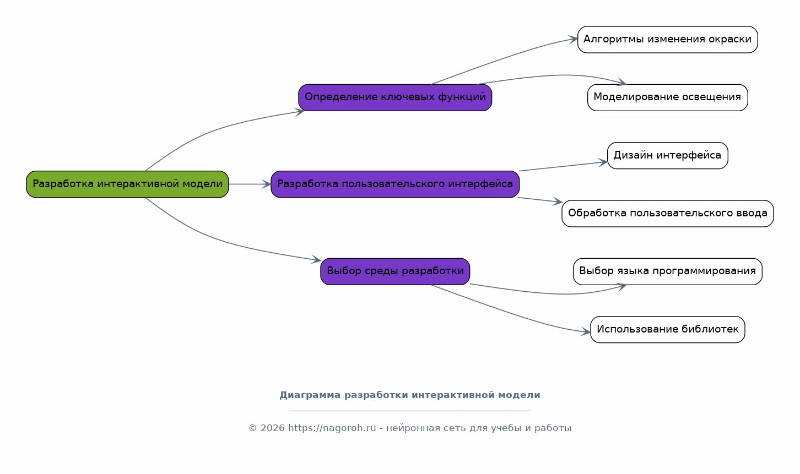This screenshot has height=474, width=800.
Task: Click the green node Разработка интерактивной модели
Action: (x=127, y=184)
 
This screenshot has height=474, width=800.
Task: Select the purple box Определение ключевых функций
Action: (x=395, y=97)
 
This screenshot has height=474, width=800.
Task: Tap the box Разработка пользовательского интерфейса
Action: (x=395, y=184)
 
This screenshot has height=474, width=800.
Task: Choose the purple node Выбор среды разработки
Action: (x=395, y=271)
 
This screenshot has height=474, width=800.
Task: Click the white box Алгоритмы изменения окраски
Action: (x=668, y=40)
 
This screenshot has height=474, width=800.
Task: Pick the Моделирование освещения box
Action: (x=668, y=97)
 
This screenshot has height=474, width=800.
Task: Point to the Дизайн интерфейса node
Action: (x=668, y=156)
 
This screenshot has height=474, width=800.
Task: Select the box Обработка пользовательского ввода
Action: (x=668, y=214)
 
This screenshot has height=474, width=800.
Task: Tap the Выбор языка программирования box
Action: (x=668, y=271)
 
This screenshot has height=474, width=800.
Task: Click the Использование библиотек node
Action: (x=668, y=329)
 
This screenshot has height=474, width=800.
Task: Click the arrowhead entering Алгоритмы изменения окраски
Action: (x=573, y=39)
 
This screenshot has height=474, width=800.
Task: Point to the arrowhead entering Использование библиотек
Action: (x=586, y=331)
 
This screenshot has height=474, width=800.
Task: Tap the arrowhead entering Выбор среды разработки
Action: (x=316, y=259)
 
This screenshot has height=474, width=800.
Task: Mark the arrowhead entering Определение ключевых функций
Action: (x=299, y=112)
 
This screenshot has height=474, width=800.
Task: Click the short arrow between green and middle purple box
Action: (x=250, y=184)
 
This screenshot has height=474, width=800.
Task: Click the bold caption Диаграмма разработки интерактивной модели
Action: (x=410, y=395)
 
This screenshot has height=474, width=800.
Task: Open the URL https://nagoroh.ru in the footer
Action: (x=332, y=428)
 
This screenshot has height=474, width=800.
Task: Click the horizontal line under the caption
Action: (x=410, y=411)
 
